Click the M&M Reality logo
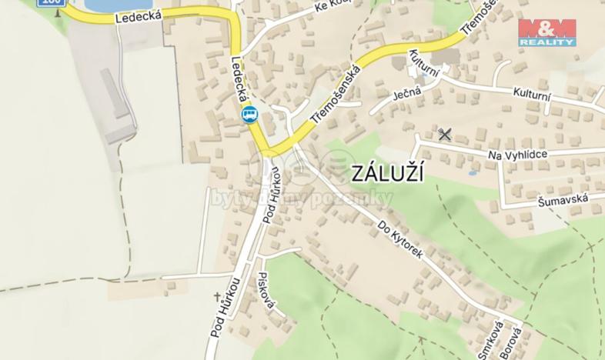(x=547, y=32)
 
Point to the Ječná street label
(x=406, y=93)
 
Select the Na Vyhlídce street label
(x=517, y=155)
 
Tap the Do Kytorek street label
(x=400, y=240)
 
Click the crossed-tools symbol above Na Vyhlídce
(x=444, y=134)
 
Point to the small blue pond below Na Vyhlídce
(x=471, y=172)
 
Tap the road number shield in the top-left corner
(x=52, y=3)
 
